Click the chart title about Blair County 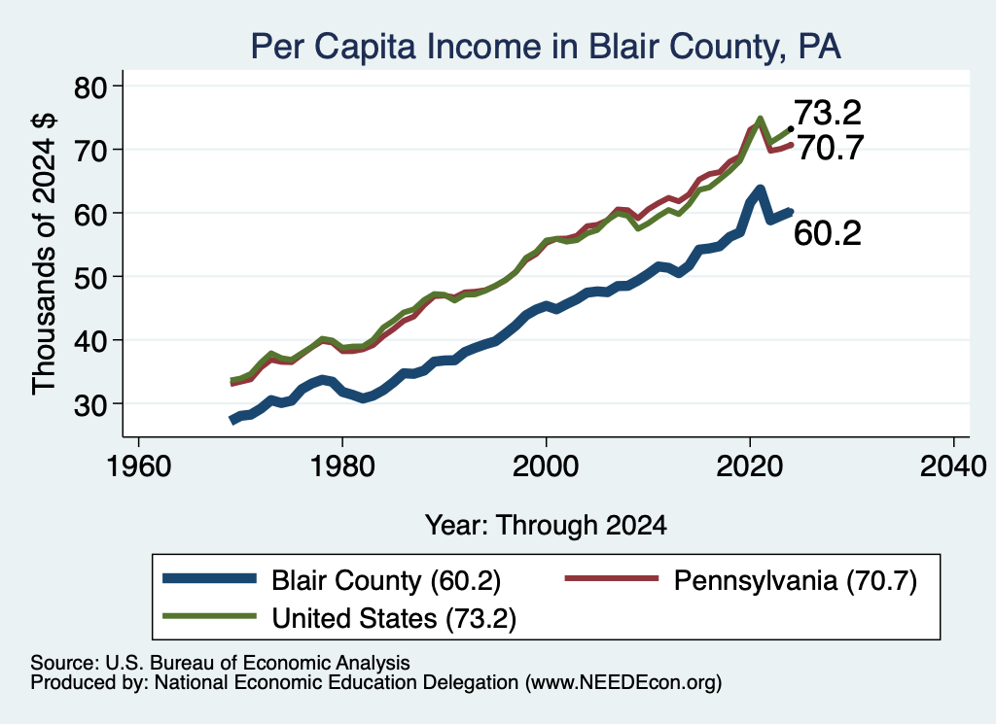coord(546,47)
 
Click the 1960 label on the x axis coord(138,466)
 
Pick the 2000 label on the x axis coord(546,466)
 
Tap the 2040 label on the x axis coord(953,466)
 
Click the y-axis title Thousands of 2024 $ coord(44,254)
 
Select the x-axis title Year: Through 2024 coord(546,526)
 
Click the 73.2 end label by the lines coord(828,113)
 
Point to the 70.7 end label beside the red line coord(830,149)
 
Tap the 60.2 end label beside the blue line coord(828,233)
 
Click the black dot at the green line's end coord(790,129)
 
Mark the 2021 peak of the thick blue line coord(760,190)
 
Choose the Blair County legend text coord(386,580)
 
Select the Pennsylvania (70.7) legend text coord(796,580)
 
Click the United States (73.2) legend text coord(394,618)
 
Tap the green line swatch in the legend coord(210,616)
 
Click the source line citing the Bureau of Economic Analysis coord(220,663)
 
